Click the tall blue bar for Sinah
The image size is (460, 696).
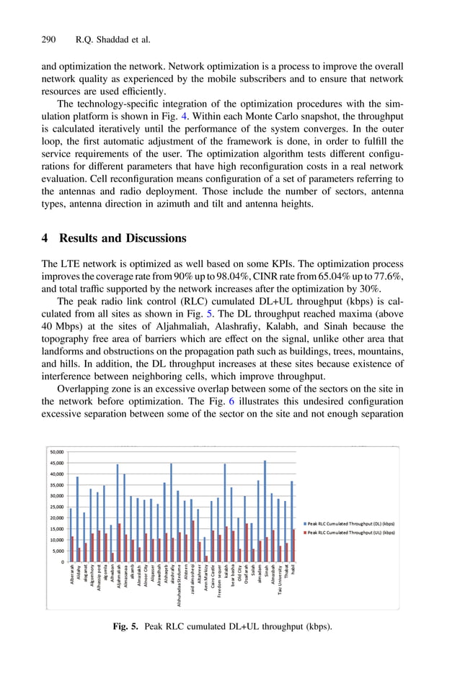pyautogui.click(x=265, y=511)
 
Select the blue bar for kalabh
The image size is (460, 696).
pyautogui.click(x=224, y=512)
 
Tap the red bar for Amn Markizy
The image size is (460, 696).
pyautogui.click(x=206, y=559)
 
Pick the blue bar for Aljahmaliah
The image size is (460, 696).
pyautogui.click(x=118, y=512)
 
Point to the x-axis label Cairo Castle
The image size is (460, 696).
pyautogui.click(x=211, y=577)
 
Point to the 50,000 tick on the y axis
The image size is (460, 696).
pyautogui.click(x=56, y=451)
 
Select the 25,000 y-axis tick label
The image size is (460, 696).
pyautogui.click(x=56, y=507)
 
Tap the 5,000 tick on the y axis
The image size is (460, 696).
pyautogui.click(x=58, y=551)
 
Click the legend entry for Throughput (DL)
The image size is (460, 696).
pyautogui.click(x=350, y=523)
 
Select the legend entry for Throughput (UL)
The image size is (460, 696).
pyautogui.click(x=350, y=533)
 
